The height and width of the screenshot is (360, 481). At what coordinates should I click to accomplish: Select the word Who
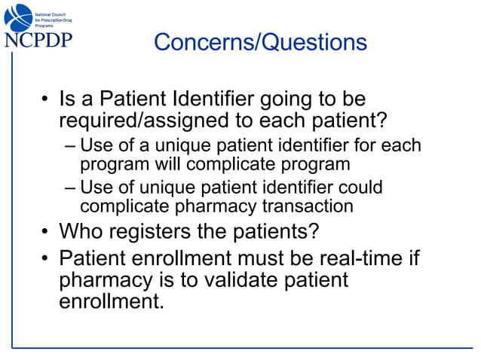[x=80, y=229]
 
